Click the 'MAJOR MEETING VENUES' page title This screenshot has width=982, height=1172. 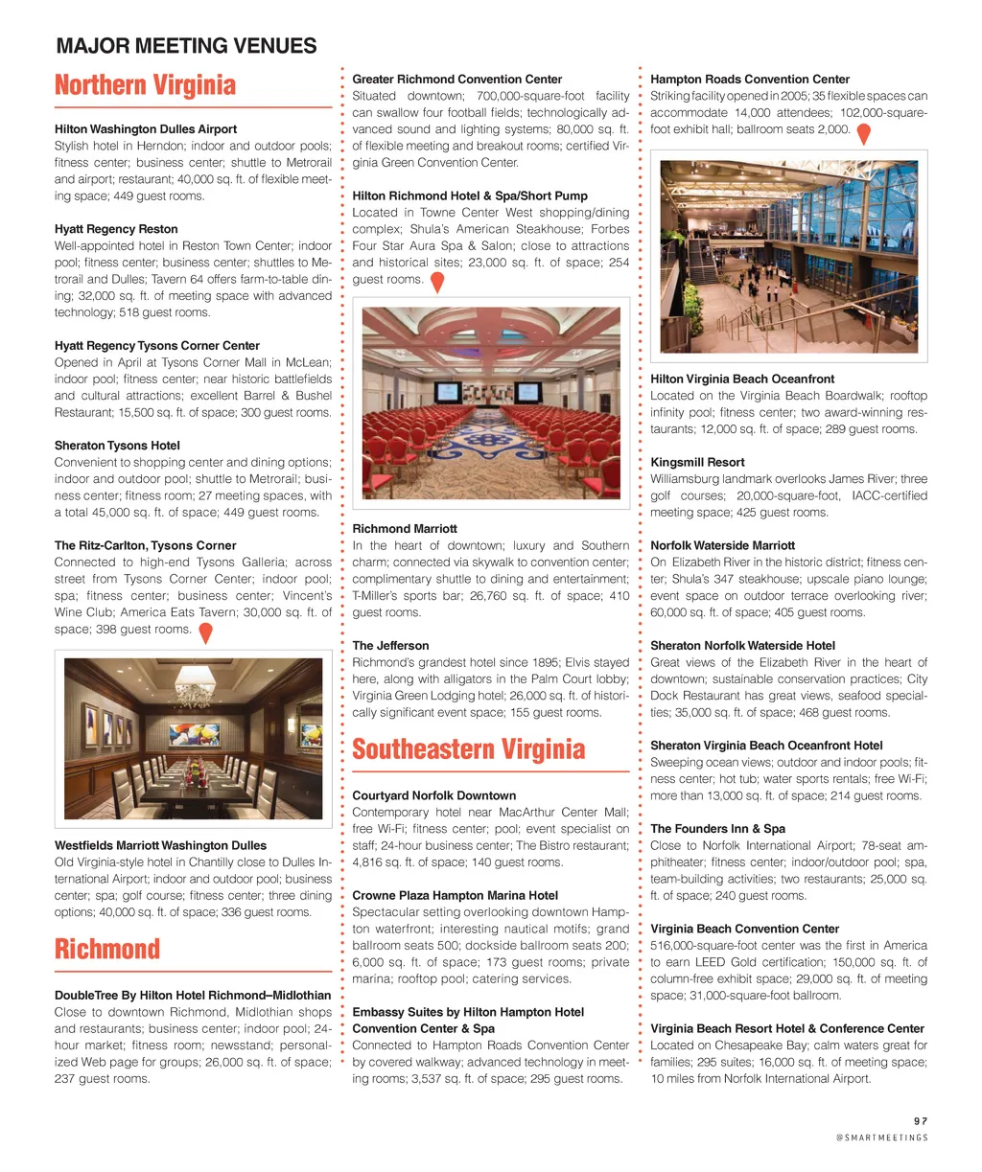coord(186,46)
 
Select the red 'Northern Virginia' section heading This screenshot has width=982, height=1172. coord(145,85)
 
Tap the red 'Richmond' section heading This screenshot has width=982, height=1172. coord(107,950)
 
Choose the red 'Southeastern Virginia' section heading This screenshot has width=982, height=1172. coord(468,749)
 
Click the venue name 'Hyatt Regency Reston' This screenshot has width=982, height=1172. coord(116,229)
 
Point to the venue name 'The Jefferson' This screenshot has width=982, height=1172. coord(390,646)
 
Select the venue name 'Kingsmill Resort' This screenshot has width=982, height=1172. coord(697,462)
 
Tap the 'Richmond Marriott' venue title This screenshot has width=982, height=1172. coord(405,529)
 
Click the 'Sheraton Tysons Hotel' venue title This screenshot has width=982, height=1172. coord(117,446)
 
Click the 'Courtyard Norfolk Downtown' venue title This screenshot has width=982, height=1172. coord(433,795)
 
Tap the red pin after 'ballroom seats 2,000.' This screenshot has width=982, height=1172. coord(863,133)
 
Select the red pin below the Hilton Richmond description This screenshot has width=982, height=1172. coord(436,282)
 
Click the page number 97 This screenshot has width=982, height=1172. coord(921,1120)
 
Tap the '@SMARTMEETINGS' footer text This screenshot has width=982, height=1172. coord(881,1138)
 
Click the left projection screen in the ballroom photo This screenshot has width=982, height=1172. coord(445,392)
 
